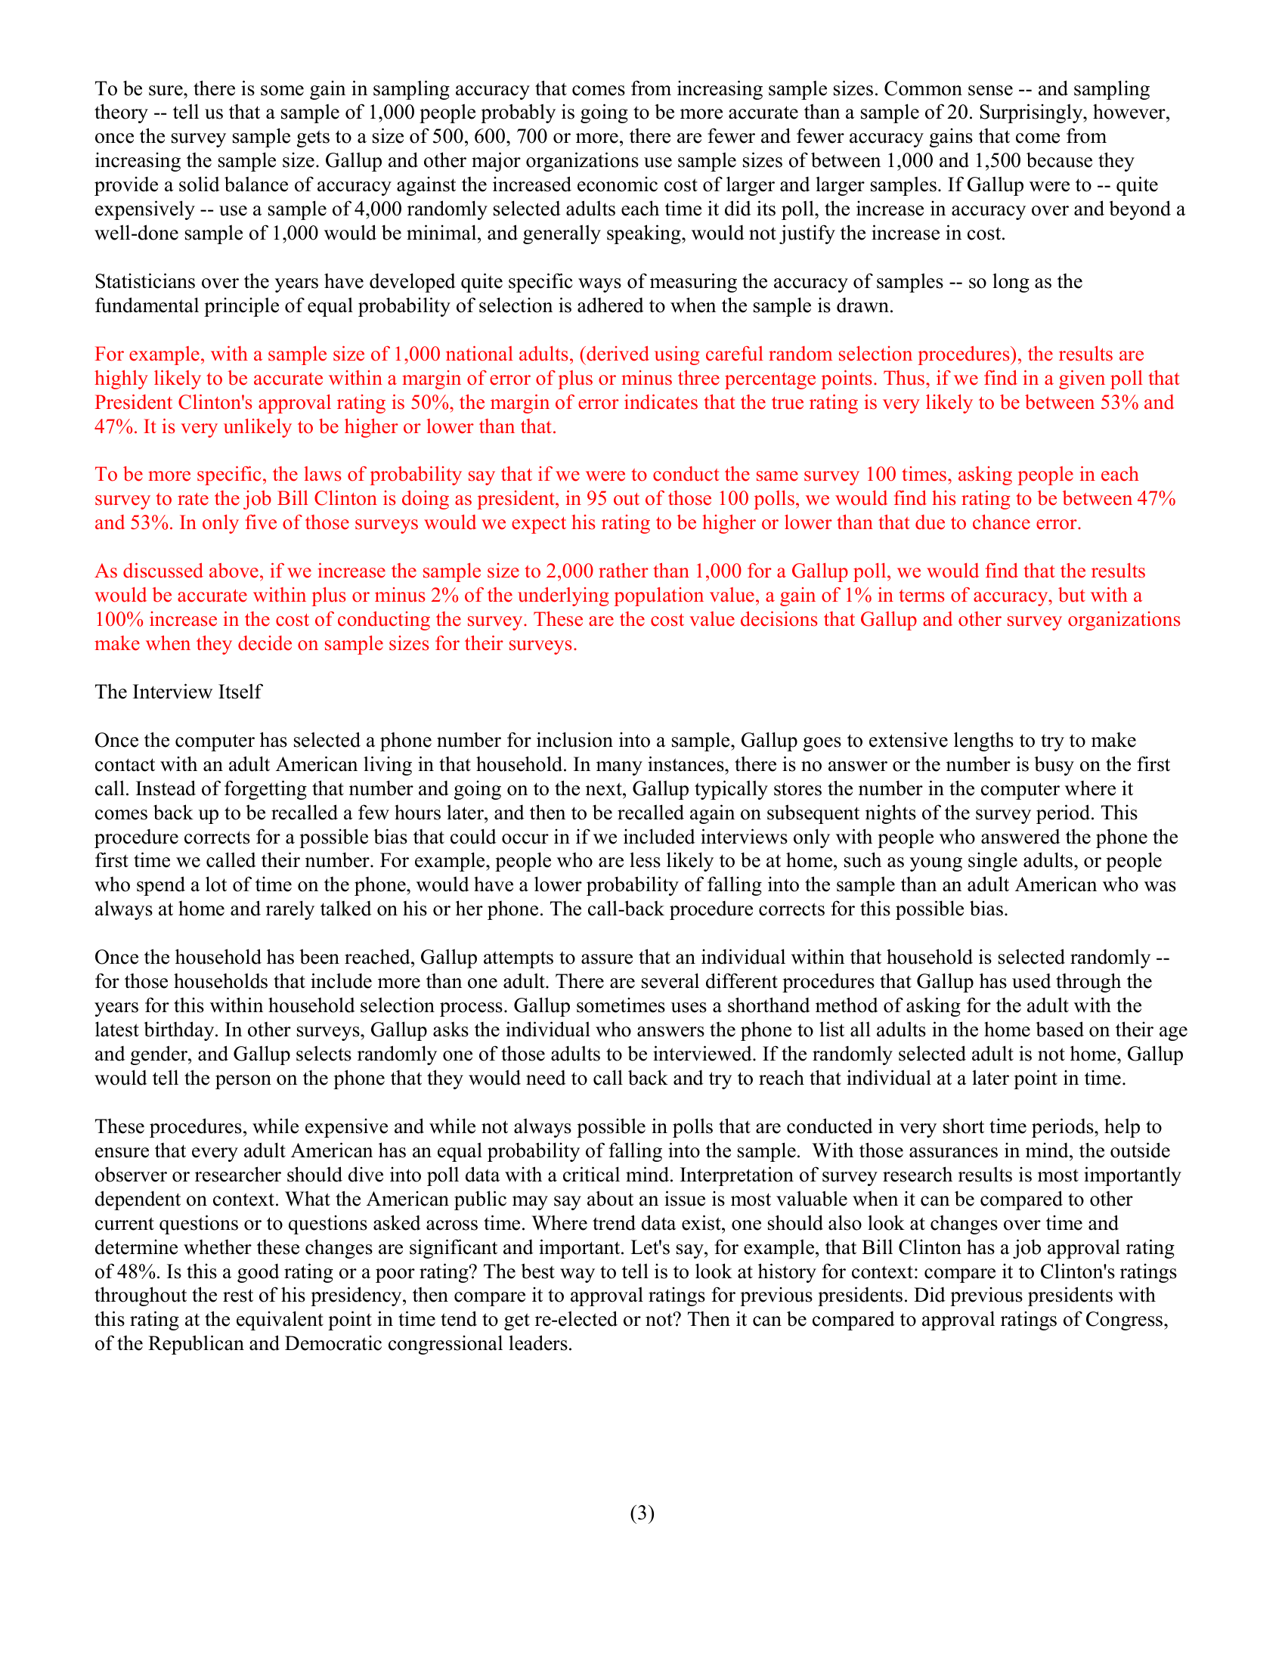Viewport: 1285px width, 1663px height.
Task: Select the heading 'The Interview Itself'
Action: [178, 692]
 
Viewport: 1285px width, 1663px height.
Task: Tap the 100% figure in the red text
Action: [114, 620]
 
